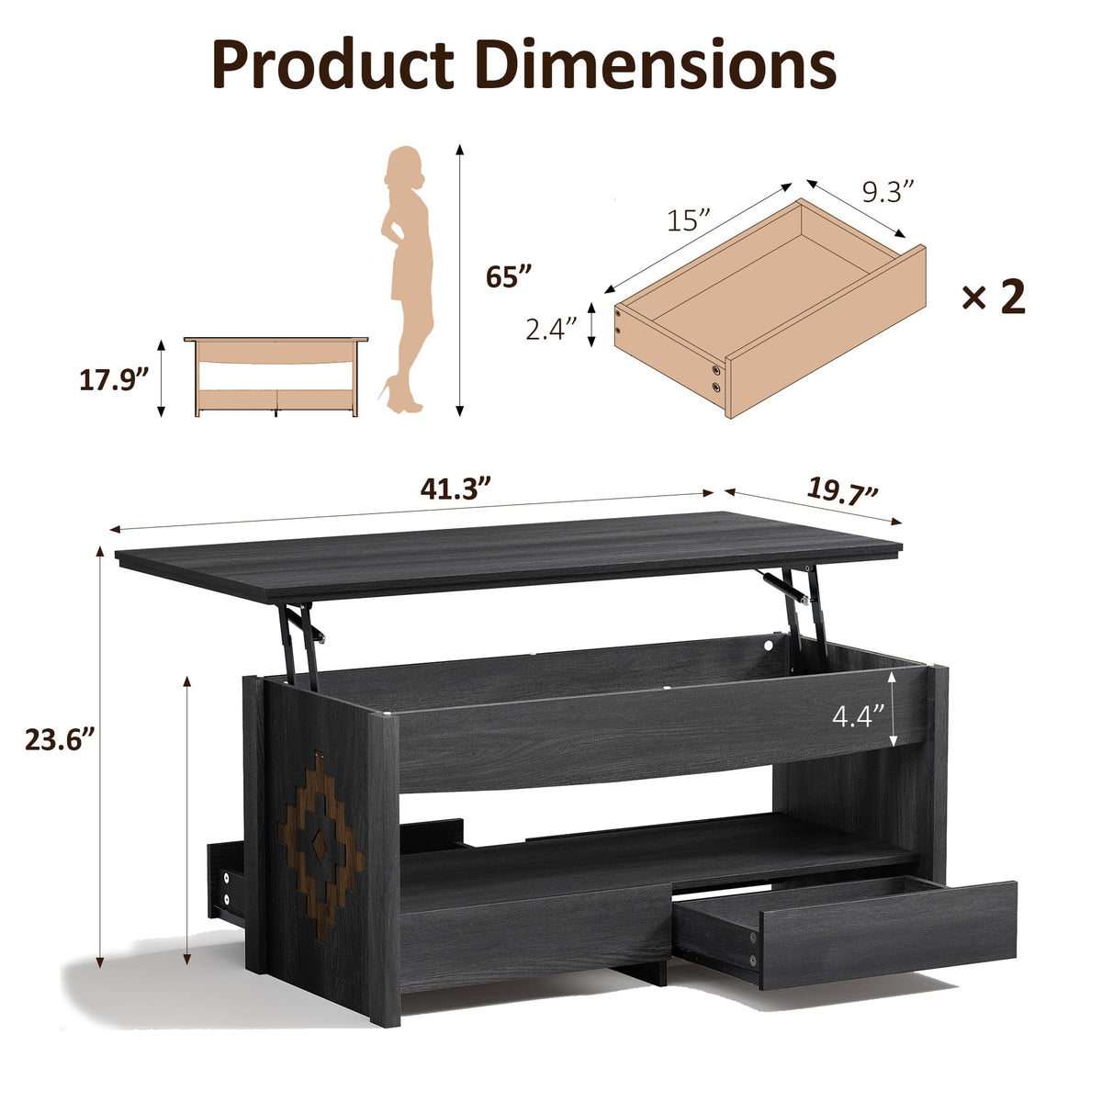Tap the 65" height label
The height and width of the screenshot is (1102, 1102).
coord(509,276)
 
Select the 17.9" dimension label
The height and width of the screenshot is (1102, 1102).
coord(114,379)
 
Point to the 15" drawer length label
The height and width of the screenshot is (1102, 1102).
coord(689,219)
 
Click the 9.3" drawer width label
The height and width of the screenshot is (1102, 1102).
coord(888,191)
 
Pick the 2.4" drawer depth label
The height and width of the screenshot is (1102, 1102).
coord(551,330)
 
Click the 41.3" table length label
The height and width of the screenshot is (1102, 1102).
coord(455,489)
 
